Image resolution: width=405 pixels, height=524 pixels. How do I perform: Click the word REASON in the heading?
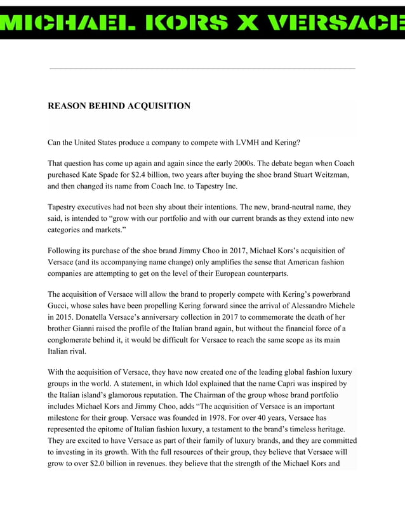tap(68, 106)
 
